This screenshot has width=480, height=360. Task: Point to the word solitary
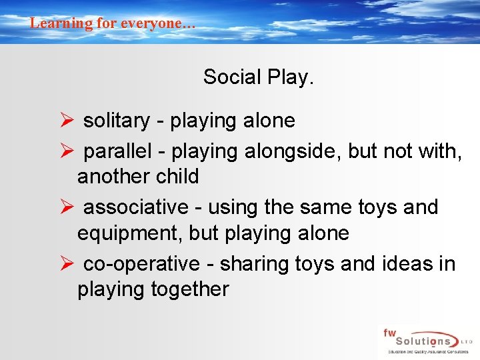(x=116, y=121)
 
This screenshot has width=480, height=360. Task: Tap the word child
(x=176, y=177)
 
